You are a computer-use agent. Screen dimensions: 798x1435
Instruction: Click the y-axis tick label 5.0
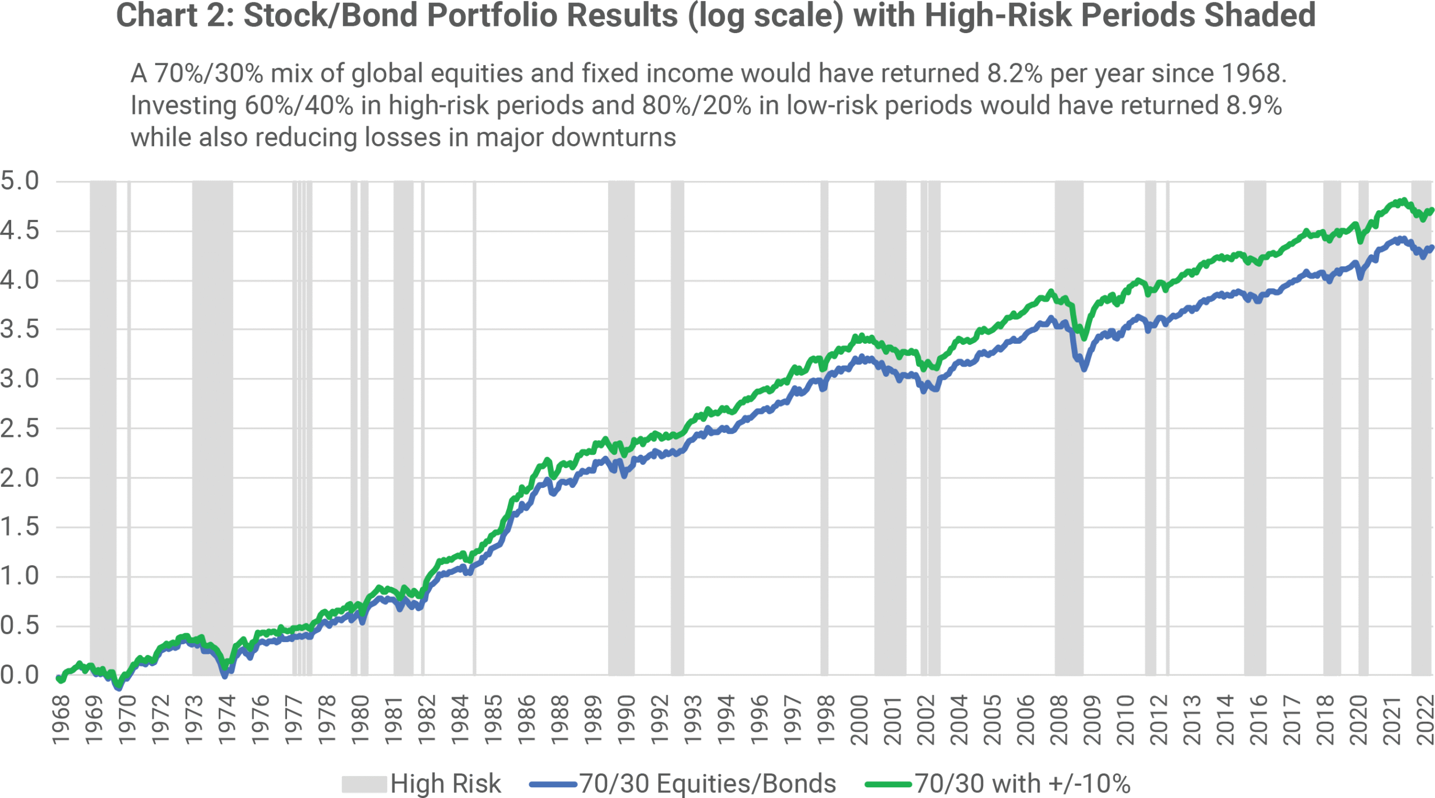20,181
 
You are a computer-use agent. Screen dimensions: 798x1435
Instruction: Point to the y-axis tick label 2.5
20,428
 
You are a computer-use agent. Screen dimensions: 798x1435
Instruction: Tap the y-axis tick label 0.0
20,675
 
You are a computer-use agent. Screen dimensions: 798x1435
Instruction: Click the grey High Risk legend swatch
364,784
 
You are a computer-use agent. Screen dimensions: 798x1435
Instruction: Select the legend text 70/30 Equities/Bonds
707,783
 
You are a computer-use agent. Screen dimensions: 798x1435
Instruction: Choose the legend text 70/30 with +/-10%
1022,783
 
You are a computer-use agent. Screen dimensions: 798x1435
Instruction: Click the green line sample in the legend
888,784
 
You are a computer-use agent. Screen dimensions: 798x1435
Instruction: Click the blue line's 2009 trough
1084,368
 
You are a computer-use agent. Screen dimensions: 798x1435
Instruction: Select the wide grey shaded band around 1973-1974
212,426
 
